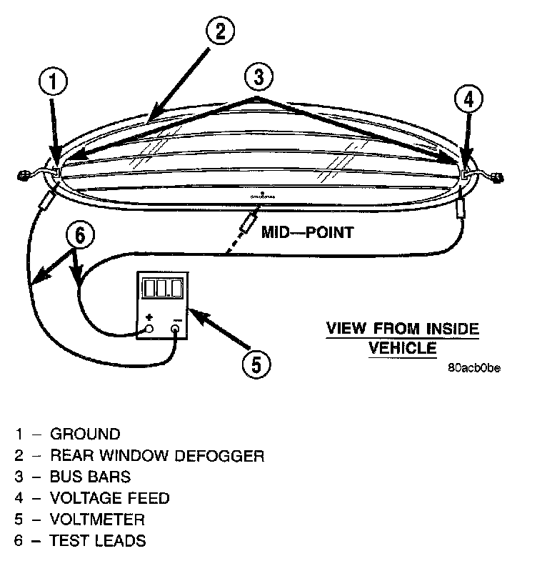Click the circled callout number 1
coord(53,81)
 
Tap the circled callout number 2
coord(221,30)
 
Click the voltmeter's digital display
coord(161,289)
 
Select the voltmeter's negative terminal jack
coord(176,329)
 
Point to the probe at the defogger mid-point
coord(249,222)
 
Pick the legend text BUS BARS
coord(90,476)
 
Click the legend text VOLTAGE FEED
coord(109,497)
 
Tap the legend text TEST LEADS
coord(97,540)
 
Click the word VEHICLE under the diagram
coord(402,348)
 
